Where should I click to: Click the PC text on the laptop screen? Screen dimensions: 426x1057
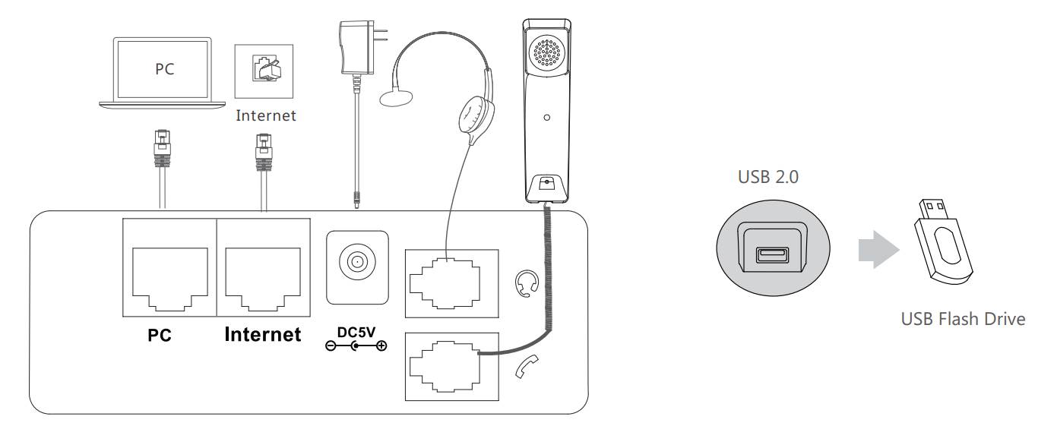165,69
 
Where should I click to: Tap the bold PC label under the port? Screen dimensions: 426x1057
160,336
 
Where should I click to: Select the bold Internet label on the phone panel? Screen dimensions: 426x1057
263,334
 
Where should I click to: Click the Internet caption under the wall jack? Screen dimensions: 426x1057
266,116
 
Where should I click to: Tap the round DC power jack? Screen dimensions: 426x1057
356,263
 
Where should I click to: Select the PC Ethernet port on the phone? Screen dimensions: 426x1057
169,271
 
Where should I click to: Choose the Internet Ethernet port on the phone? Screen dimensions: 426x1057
263,271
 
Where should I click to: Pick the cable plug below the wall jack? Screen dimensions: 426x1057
263,153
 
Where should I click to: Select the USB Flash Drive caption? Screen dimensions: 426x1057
963,319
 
